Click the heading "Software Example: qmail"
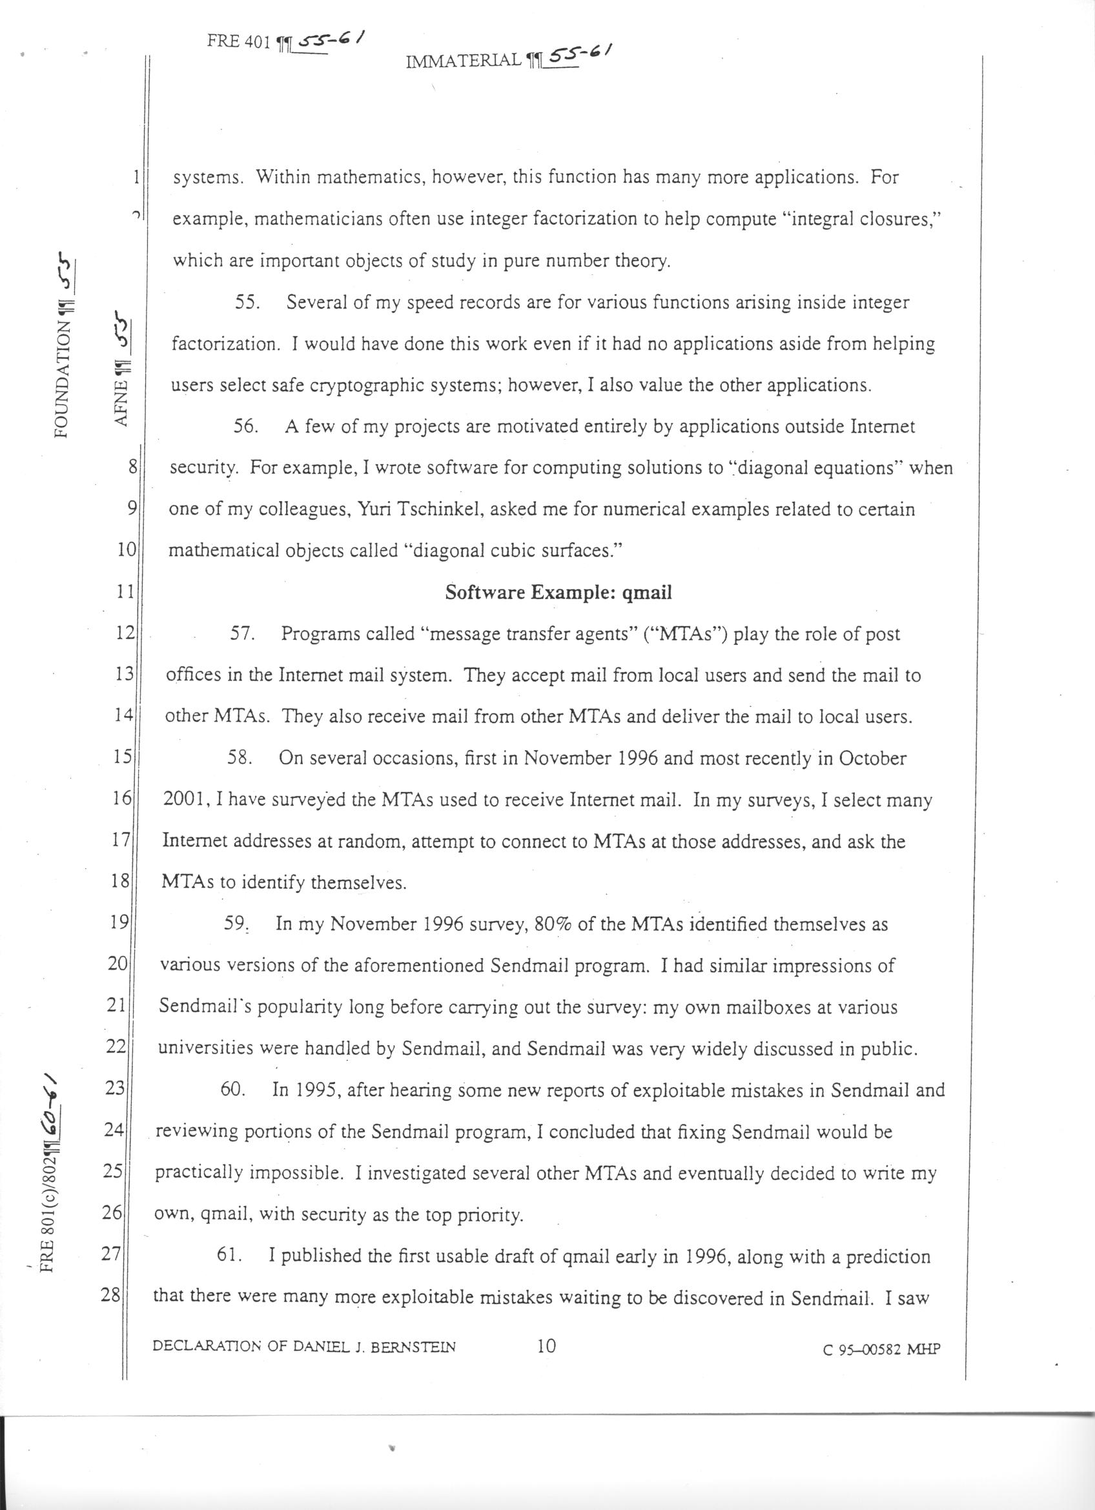pos(558,593)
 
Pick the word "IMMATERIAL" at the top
pos(464,61)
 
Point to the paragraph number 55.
pos(247,303)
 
